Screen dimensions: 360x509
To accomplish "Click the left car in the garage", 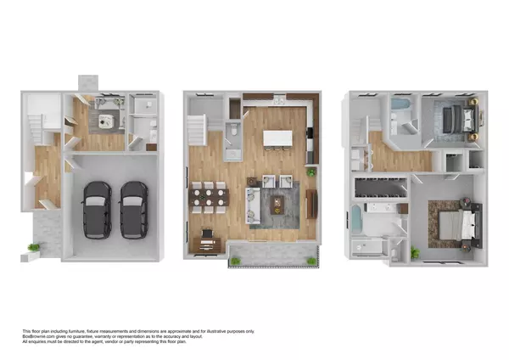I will click(x=97, y=209).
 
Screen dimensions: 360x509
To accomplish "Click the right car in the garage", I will click(x=133, y=209).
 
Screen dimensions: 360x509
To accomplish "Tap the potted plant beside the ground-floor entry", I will click(x=33, y=249).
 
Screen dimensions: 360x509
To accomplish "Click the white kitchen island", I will click(x=278, y=138).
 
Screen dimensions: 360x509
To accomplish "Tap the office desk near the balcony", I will click(x=205, y=245).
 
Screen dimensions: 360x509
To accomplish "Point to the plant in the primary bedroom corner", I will click(x=415, y=253).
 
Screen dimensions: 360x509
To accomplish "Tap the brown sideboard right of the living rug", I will click(x=311, y=202).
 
